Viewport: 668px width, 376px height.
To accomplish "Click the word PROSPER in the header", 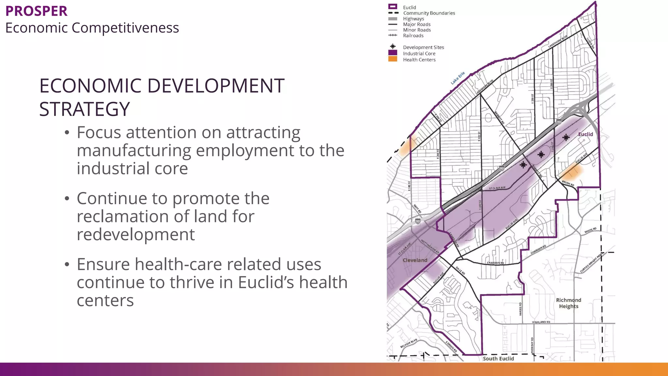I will click(x=36, y=11).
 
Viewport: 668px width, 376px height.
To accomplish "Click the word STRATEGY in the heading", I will click(x=84, y=109).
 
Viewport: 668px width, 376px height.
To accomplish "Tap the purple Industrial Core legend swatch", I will click(x=393, y=53).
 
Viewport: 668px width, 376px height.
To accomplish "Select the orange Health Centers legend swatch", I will click(x=393, y=59).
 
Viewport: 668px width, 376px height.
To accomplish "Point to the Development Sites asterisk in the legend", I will click(x=393, y=47).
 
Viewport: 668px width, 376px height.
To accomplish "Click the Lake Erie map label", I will click(x=458, y=78).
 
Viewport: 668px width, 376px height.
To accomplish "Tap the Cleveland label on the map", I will click(x=415, y=260).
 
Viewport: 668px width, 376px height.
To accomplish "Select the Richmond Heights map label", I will click(x=569, y=303).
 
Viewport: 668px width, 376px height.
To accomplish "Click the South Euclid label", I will click(x=498, y=358).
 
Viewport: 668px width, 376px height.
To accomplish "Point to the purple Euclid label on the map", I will click(x=585, y=134).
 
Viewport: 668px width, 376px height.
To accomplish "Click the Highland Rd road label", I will click(x=541, y=322).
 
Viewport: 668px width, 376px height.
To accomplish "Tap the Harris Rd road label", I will click(x=520, y=309).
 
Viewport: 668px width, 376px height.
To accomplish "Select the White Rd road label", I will click(x=590, y=230).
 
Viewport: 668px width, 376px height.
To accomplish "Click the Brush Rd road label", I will click(x=568, y=183).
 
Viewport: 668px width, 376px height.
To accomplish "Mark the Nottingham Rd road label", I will click(x=430, y=247).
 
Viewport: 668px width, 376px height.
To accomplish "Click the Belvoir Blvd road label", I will click(x=409, y=343).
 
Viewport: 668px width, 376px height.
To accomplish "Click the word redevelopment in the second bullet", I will click(x=136, y=234).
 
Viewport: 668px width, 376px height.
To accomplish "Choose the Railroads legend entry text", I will click(x=413, y=36).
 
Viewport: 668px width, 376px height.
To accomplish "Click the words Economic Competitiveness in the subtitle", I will click(x=92, y=28).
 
